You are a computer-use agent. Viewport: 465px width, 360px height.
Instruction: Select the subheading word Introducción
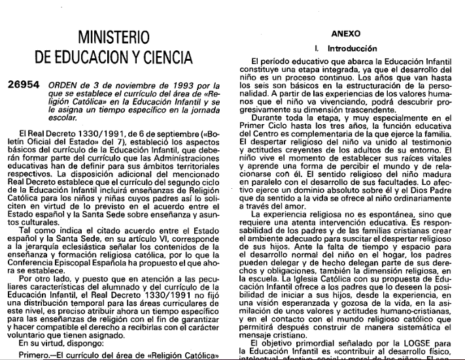click(x=353, y=48)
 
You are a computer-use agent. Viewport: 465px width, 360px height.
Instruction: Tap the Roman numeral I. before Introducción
click(x=317, y=48)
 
